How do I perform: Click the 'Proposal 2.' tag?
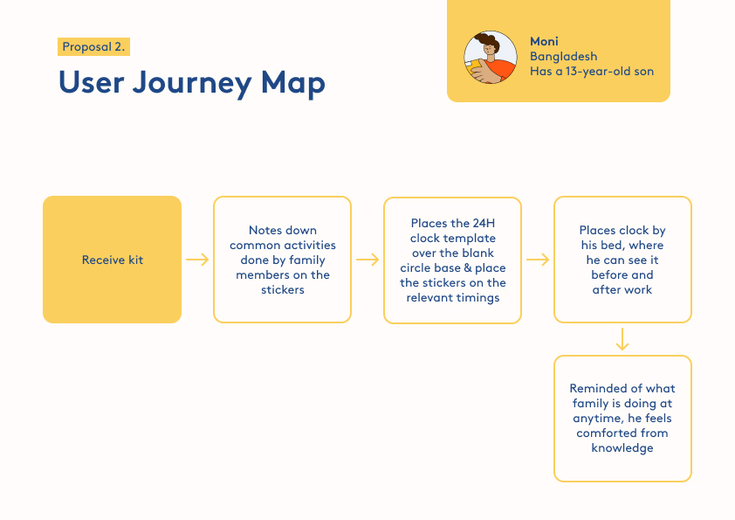tap(93, 47)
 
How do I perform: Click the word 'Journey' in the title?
tap(192, 84)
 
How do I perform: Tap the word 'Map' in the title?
tap(293, 84)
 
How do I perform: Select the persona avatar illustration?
tap(491, 58)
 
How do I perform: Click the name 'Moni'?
tap(544, 41)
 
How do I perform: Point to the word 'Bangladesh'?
tap(563, 56)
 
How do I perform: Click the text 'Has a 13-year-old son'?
tap(592, 72)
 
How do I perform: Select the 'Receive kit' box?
tap(112, 260)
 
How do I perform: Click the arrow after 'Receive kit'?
tap(197, 260)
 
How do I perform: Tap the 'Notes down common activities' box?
tap(282, 260)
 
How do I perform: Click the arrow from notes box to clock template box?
tap(367, 260)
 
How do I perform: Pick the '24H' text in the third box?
tap(484, 223)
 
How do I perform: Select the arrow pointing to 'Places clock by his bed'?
tap(538, 260)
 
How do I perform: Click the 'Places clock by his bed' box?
tap(622, 260)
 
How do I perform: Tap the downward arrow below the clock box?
tap(622, 339)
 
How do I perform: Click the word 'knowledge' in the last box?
tap(622, 448)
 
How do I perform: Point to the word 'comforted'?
tap(605, 433)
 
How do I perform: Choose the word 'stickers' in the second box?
tap(283, 289)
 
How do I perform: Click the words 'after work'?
tap(622, 289)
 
